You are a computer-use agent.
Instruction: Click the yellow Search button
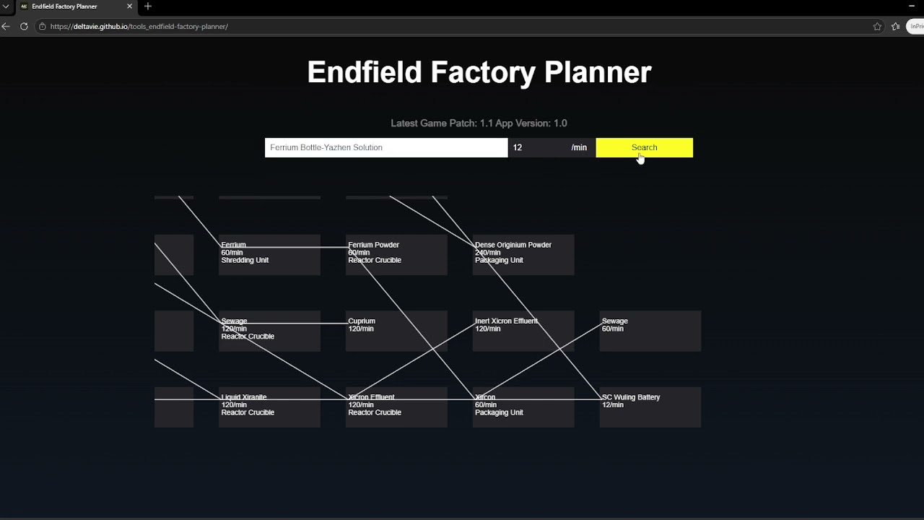[x=644, y=147]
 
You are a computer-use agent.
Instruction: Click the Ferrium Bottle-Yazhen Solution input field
[x=385, y=147]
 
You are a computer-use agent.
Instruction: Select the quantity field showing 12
[x=538, y=147]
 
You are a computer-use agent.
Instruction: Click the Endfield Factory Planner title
[x=479, y=72]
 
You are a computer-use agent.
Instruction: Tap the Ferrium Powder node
[x=396, y=254]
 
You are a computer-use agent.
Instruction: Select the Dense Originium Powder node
[x=523, y=254]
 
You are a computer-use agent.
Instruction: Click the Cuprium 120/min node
[x=396, y=331]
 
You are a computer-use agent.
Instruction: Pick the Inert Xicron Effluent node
[x=523, y=331]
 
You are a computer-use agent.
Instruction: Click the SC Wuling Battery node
[x=650, y=407]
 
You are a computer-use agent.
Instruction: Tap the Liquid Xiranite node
[x=269, y=407]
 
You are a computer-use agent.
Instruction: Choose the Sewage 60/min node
[x=650, y=331]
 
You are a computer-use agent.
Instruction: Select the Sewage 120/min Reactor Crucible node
[x=269, y=331]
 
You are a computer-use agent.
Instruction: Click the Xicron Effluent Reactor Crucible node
[x=396, y=407]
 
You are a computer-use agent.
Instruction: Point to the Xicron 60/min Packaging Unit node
[x=523, y=407]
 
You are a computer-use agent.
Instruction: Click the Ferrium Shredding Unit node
[x=269, y=254]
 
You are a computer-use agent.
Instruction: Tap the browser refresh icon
[x=24, y=27]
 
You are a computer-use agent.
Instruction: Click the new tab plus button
[x=148, y=6]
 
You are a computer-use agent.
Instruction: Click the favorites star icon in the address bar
[x=877, y=27]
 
